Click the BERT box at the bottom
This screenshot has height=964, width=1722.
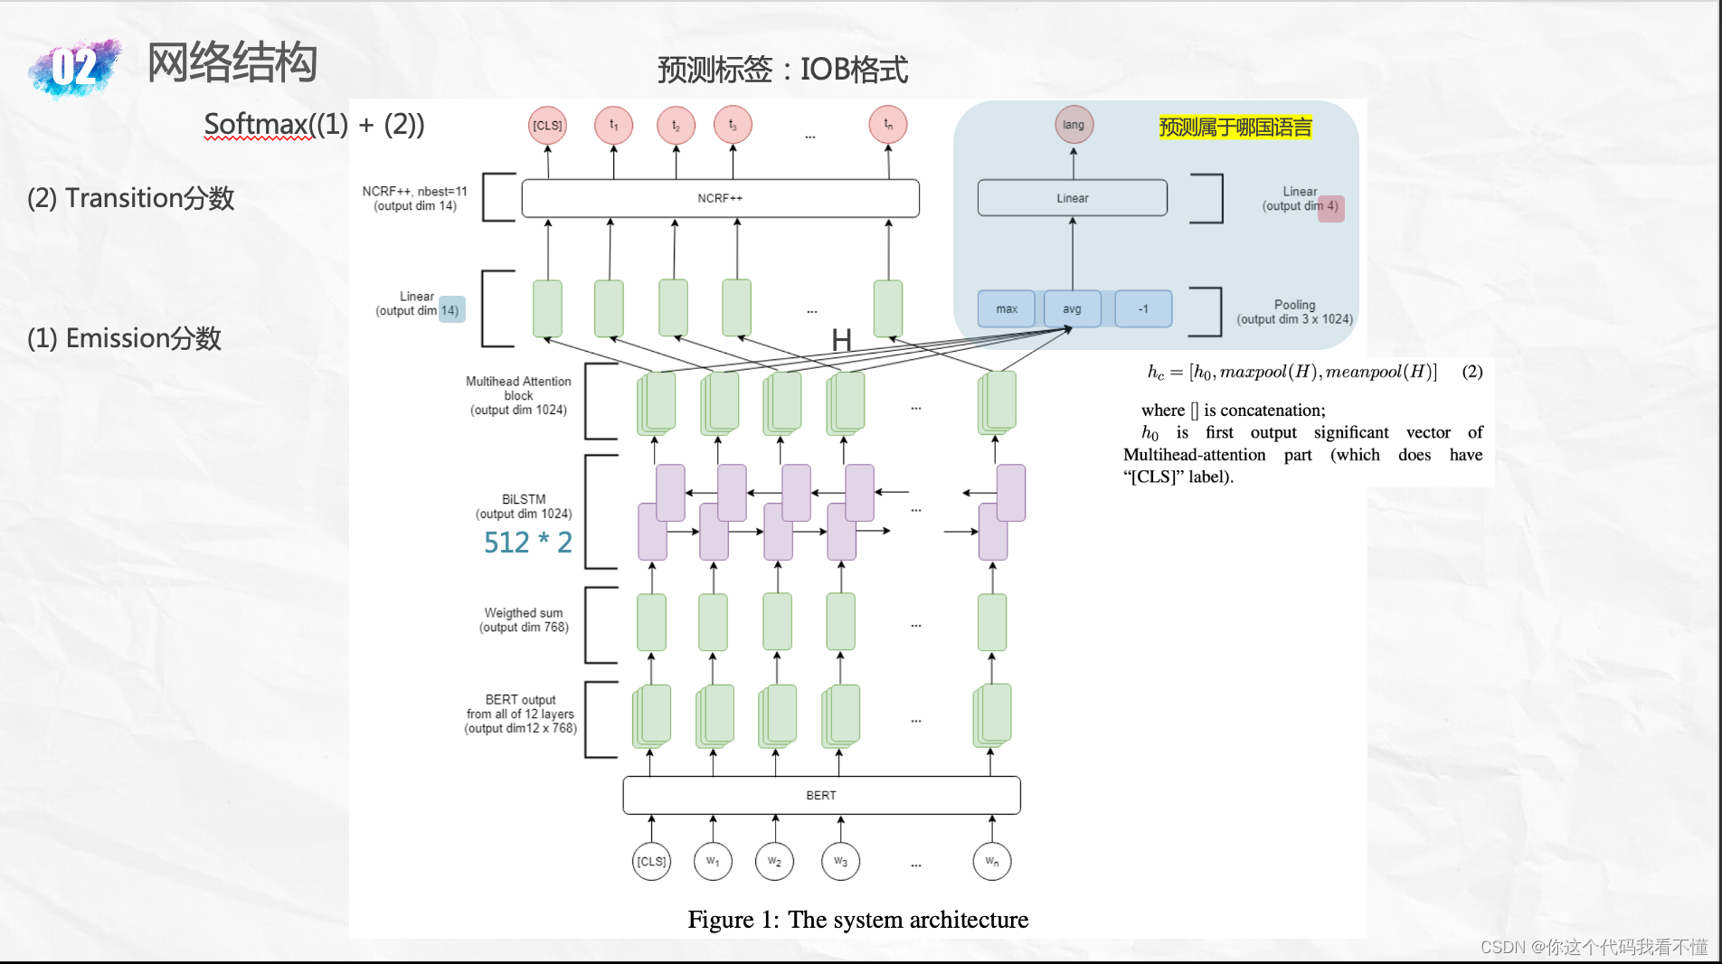[821, 795]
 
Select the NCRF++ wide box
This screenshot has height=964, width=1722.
[720, 198]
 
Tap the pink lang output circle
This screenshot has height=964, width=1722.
[1074, 125]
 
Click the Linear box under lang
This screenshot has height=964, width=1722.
[1072, 198]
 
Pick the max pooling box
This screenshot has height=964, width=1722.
[1007, 309]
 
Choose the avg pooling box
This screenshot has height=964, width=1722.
[1072, 309]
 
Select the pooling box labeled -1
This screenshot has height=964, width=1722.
[1143, 309]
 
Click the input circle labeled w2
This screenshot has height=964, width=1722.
[774, 861]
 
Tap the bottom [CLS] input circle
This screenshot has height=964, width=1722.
[651, 861]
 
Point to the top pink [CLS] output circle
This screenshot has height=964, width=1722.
[547, 125]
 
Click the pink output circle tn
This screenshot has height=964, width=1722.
[888, 125]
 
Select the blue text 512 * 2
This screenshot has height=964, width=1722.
[527, 542]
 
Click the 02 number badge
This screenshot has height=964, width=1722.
[74, 67]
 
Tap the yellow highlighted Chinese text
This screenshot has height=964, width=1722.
[1235, 128]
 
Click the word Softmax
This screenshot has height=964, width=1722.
[257, 124]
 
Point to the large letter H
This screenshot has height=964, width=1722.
[841, 340]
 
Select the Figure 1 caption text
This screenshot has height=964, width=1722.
[857, 919]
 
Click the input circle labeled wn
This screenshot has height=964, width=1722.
[992, 861]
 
